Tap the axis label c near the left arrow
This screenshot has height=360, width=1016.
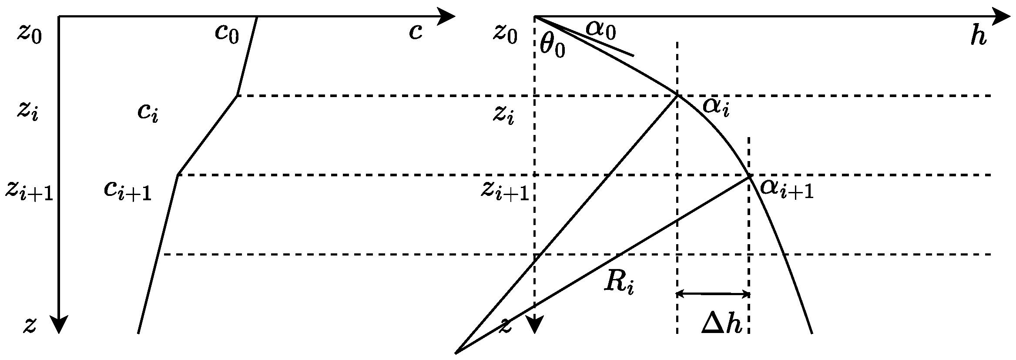click(x=416, y=31)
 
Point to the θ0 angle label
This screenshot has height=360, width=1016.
click(x=552, y=46)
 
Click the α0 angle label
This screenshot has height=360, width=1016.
click(x=600, y=30)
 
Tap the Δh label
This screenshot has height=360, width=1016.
click(x=721, y=324)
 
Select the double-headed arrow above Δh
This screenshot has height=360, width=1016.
click(x=713, y=294)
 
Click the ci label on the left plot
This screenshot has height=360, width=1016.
click(x=148, y=112)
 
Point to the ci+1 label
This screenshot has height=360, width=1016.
click(x=127, y=190)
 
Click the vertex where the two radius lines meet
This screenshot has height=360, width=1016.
click(x=456, y=352)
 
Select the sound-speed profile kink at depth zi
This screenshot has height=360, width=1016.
click(x=237, y=95)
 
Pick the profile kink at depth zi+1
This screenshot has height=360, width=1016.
click(x=178, y=175)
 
